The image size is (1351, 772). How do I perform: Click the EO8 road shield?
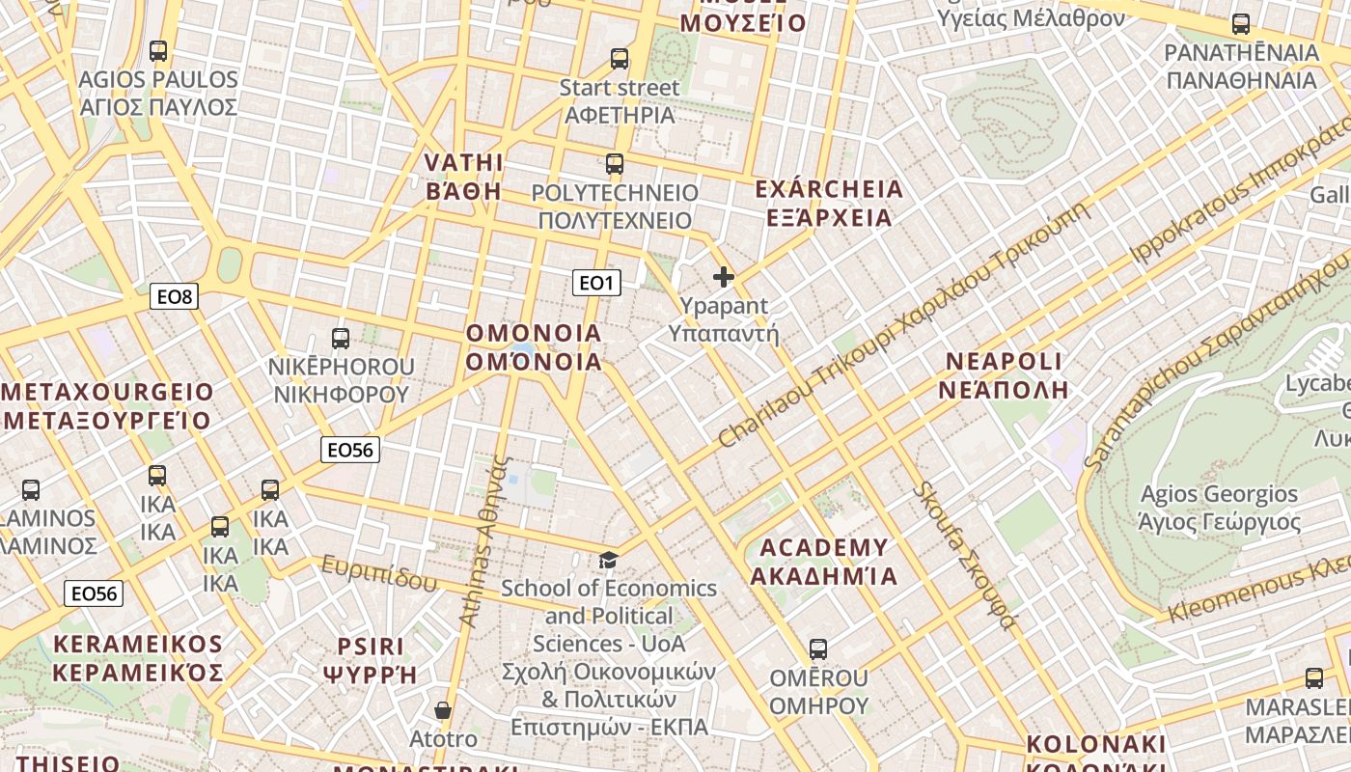point(175,296)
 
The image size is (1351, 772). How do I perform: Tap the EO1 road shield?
point(596,283)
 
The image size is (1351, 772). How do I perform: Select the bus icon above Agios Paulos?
point(158,51)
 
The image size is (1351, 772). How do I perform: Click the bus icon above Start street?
point(620,59)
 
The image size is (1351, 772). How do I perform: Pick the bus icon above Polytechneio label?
point(615,164)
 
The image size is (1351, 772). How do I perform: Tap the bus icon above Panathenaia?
point(1241,24)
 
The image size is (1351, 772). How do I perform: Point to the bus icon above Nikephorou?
point(341,339)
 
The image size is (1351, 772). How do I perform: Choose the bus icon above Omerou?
point(818,649)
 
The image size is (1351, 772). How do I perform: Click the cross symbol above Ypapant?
point(724,278)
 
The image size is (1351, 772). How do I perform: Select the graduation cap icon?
point(608,560)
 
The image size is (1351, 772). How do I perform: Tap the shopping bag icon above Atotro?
point(443,711)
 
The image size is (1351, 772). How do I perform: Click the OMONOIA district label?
point(534,347)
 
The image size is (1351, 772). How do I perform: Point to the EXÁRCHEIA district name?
point(829,203)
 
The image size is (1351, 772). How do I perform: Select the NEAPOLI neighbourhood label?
point(1006,375)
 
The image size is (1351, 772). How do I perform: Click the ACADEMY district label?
point(824,562)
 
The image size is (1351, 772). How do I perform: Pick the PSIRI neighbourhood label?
point(372,660)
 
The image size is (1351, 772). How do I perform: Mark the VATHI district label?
point(464,176)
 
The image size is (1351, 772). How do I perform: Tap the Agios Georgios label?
point(1219,509)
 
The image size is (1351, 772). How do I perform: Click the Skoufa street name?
point(963,555)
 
